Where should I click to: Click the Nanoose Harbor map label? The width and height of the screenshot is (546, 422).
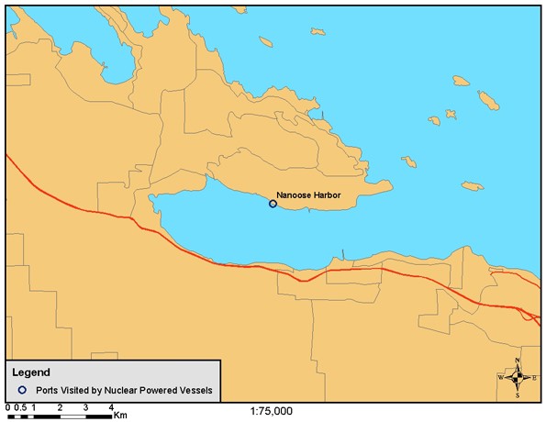click(308, 194)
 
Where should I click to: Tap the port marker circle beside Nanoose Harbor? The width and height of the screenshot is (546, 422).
click(273, 204)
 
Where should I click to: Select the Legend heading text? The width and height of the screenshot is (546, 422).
click(31, 372)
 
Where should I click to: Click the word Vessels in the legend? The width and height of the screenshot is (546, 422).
click(195, 390)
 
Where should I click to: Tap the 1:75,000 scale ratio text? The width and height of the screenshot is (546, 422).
click(271, 411)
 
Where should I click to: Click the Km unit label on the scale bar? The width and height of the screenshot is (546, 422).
click(120, 415)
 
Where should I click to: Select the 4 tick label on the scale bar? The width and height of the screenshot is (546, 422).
click(111, 405)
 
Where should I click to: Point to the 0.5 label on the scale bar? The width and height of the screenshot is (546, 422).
click(20, 405)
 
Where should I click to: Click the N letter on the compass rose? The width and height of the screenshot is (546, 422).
click(518, 361)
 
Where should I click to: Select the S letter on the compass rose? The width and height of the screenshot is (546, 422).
click(518, 395)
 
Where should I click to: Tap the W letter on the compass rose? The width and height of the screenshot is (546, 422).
click(501, 378)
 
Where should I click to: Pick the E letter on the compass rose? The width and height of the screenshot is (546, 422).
click(535, 378)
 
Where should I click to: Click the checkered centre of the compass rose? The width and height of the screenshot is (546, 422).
click(518, 377)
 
